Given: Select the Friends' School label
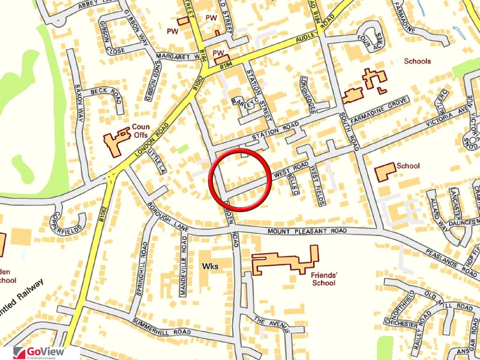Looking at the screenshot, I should coord(324,279).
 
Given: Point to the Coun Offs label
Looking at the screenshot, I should coord(140,130).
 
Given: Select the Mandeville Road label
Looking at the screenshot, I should coord(184,266).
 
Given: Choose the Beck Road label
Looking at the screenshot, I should coord(106,95).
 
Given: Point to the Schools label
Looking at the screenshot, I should coord(417,61).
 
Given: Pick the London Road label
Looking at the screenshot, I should coord(150,140).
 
